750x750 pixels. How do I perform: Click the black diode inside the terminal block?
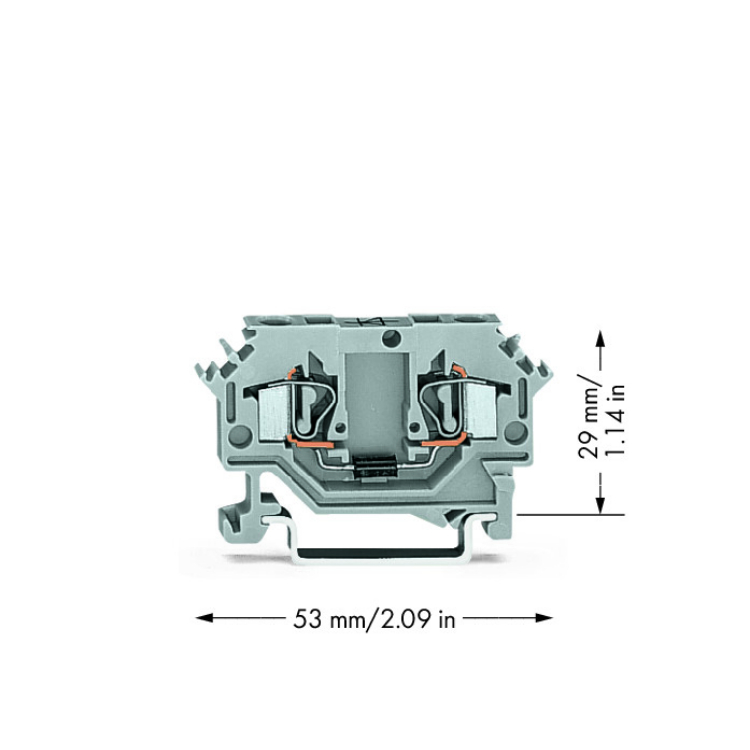375,466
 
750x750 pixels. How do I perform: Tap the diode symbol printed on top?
376,321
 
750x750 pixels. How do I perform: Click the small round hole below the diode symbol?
391,338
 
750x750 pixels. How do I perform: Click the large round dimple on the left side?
239,436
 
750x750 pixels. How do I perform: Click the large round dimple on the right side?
515,432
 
